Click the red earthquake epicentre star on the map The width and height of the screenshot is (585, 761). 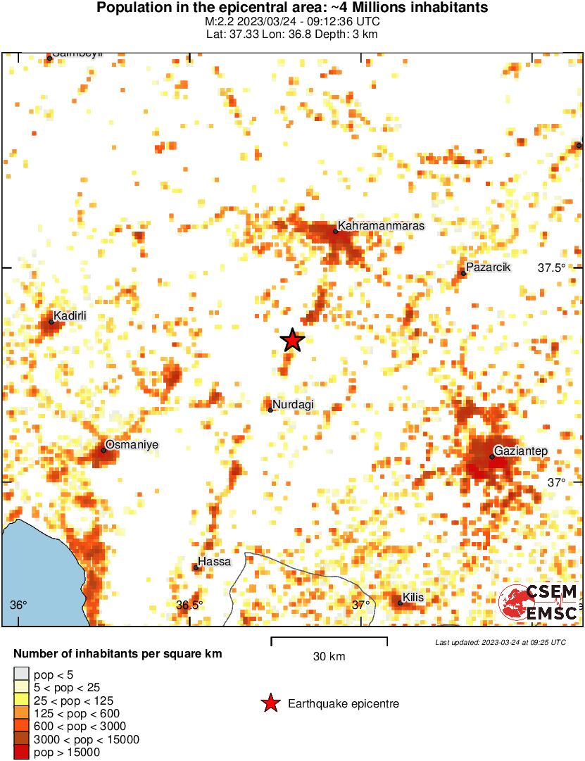tap(292, 341)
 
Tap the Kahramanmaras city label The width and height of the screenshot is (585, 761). tap(381, 226)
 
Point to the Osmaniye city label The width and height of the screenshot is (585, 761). tap(132, 445)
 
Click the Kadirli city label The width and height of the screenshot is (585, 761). tap(70, 316)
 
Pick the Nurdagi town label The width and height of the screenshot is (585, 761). tap(293, 404)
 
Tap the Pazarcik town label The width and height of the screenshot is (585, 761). tap(489, 268)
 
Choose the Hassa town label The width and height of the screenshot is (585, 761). tap(214, 562)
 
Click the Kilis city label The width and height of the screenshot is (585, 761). tap(413, 598)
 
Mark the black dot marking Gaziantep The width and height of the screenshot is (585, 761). tap(492, 457)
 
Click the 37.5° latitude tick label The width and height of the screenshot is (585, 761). tap(552, 268)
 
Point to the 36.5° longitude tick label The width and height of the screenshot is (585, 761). tap(189, 605)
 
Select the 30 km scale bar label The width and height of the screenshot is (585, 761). tap(329, 657)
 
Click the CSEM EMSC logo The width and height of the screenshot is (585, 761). tap(539, 603)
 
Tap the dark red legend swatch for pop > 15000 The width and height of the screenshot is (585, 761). tap(22, 753)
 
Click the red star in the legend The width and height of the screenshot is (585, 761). tap(270, 703)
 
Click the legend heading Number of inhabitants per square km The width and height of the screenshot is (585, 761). tap(118, 654)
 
